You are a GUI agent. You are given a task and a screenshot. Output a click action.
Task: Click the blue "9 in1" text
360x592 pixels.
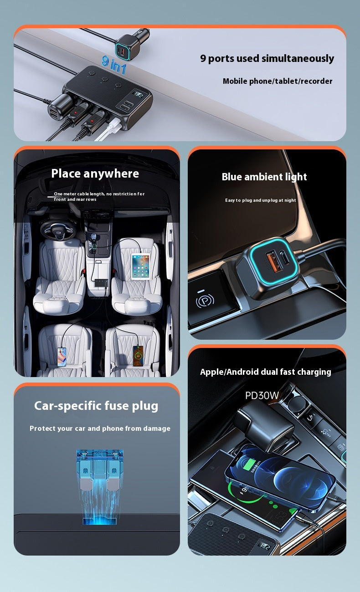click(114, 64)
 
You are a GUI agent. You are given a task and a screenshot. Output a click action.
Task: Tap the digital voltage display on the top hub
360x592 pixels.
click(138, 94)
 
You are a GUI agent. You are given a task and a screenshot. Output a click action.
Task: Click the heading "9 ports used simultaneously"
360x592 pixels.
click(267, 58)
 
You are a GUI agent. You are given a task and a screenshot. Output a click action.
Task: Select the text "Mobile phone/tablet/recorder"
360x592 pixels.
click(278, 81)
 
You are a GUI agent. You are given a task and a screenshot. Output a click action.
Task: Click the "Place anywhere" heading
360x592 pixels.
click(95, 174)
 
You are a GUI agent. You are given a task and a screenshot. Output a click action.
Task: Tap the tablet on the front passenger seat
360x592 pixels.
click(141, 266)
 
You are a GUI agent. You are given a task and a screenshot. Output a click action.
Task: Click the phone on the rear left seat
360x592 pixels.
click(62, 357)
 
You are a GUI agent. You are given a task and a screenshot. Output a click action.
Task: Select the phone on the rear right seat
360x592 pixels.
click(138, 356)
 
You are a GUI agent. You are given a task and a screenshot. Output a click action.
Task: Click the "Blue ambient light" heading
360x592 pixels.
click(264, 177)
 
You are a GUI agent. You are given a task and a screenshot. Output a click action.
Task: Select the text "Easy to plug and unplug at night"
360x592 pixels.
click(261, 200)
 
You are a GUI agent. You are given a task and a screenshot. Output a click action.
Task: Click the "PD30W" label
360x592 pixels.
click(262, 395)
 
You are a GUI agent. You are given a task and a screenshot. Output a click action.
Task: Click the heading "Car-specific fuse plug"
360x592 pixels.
click(96, 406)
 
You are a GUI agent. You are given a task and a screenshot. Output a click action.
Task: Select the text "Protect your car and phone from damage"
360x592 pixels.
click(100, 429)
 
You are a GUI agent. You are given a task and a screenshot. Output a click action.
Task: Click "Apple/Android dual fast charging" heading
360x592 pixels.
click(266, 372)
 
